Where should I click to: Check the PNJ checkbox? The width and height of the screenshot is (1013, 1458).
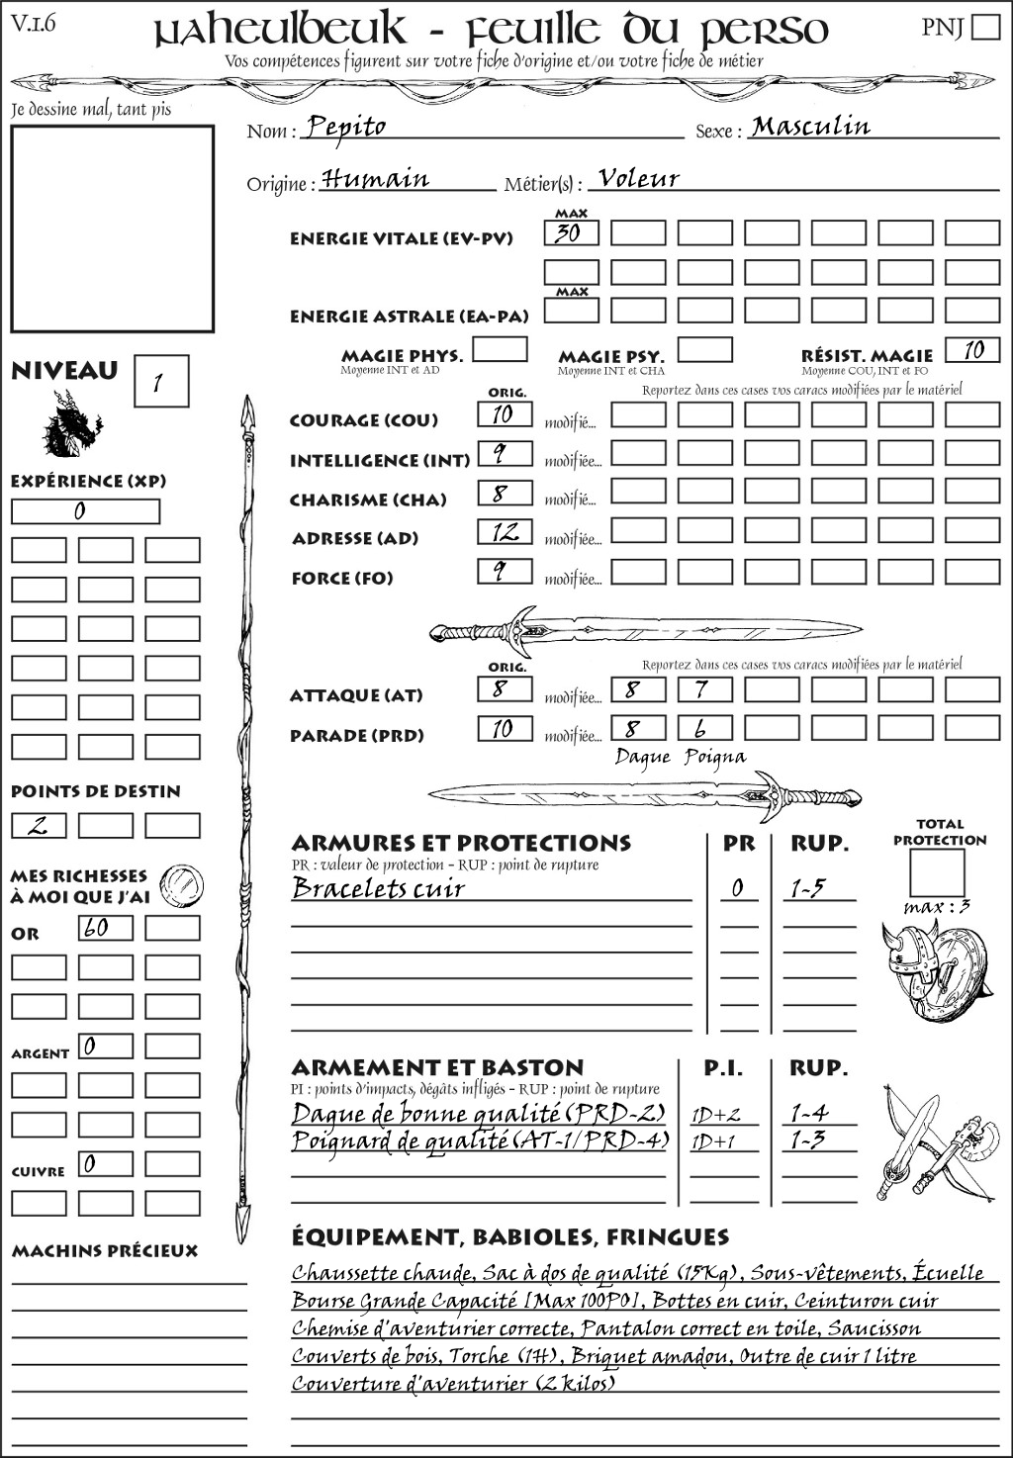click(986, 27)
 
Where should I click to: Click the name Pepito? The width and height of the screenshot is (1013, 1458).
click(345, 127)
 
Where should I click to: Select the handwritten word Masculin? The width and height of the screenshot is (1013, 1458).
click(810, 127)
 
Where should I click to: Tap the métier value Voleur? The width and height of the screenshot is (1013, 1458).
click(639, 179)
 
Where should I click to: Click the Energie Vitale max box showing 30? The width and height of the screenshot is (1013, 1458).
click(571, 233)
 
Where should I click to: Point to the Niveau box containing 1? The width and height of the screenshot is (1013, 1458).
click(160, 382)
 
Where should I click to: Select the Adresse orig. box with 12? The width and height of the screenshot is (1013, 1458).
click(505, 533)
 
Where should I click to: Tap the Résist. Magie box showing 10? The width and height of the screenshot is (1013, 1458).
click(971, 350)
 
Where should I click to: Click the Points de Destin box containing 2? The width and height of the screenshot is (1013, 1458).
click(39, 826)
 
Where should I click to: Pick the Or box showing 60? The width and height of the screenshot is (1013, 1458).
click(105, 928)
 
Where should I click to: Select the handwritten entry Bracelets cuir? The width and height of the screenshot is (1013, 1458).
click(378, 888)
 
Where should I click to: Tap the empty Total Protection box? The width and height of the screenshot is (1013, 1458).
click(937, 873)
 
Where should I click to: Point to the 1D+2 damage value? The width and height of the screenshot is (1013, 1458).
click(715, 1116)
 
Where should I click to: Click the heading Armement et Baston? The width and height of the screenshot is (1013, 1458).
click(437, 1068)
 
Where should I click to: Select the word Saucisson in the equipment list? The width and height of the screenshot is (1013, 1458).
click(874, 1328)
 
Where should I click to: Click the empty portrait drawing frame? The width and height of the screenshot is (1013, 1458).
click(112, 228)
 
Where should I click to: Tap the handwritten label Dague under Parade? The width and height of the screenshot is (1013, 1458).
click(643, 758)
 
